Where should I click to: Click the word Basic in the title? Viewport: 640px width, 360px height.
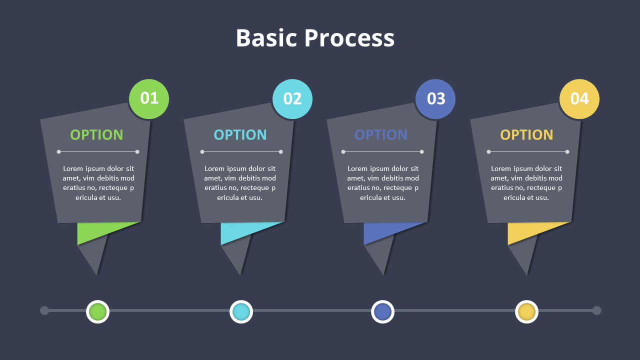266,37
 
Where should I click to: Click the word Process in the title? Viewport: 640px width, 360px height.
349,37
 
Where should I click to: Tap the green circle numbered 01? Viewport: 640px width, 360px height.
149,99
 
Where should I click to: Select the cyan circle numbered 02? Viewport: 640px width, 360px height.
292,99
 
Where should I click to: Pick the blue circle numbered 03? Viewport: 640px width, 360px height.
435,99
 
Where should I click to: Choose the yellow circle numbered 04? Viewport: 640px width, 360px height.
579,99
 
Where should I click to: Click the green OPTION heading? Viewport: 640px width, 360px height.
96,135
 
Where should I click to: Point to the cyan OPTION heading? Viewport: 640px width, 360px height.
240,135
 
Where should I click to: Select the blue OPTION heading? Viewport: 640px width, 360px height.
381,135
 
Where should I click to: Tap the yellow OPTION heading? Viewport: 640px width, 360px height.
526,135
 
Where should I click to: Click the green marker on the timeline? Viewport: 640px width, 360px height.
97,311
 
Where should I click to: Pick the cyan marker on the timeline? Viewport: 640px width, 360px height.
241,311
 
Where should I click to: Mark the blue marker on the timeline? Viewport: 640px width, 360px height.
383,311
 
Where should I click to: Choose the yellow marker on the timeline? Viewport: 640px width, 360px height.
527,311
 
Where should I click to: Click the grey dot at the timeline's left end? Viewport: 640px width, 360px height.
44,310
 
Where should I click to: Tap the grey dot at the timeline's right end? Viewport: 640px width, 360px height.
596,310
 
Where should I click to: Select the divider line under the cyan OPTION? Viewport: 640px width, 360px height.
241,151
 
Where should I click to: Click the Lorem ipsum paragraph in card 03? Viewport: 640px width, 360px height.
383,183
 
